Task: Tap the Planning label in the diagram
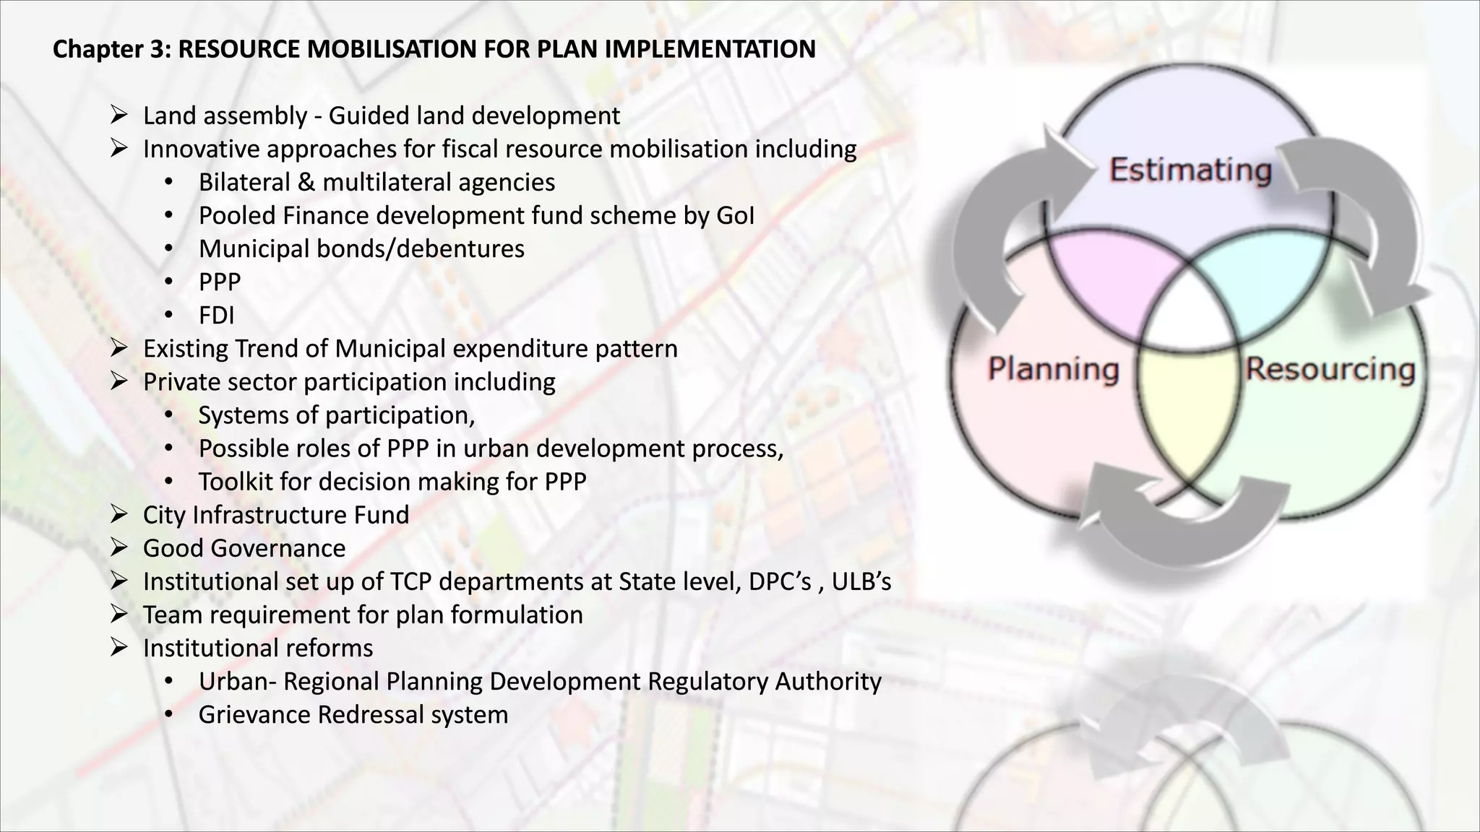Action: point(1054,369)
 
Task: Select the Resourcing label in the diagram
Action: point(1330,369)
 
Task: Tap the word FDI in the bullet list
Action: point(216,316)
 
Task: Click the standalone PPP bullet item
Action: point(220,282)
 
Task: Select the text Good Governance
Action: point(244,548)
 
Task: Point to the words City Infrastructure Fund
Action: point(276,515)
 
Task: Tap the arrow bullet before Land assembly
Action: point(119,115)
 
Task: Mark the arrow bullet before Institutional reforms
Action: point(119,647)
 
